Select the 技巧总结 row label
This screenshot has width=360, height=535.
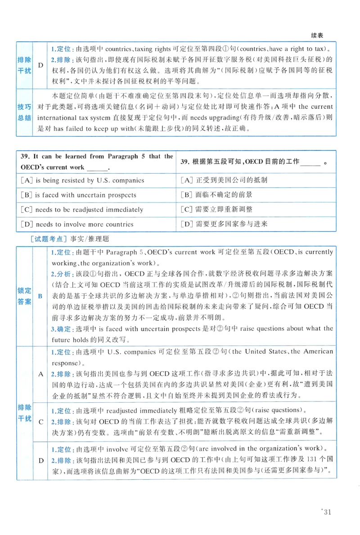24,112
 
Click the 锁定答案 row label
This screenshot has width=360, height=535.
24,296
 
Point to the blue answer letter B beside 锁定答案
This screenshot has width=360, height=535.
40,296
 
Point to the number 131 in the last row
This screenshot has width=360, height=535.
311,460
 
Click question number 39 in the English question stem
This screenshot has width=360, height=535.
25,156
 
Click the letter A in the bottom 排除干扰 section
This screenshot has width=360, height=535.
40,373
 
